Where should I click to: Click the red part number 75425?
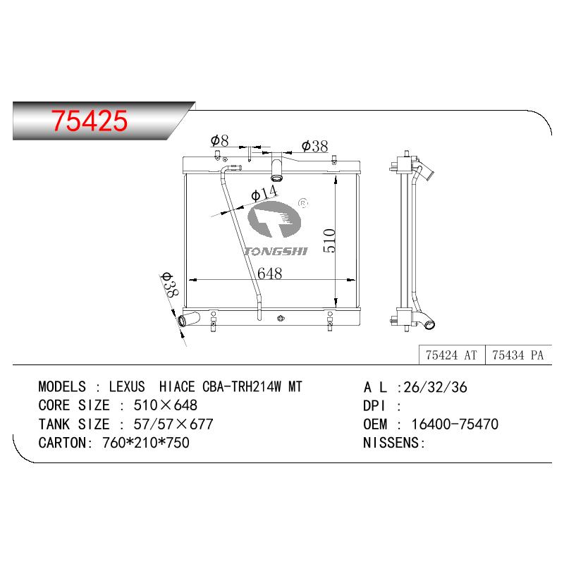tap(90, 121)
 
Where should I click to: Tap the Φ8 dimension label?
tap(219, 140)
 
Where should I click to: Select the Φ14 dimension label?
tap(264, 193)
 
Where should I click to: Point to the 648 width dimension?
tap(270, 274)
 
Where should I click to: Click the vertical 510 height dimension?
tap(329, 240)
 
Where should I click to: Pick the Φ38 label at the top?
tap(314, 146)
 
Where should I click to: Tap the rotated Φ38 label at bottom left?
tap(169, 285)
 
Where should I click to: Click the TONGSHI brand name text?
tap(276, 251)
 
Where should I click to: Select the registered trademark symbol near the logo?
tap(303, 203)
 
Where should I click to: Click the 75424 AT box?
tap(452, 355)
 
